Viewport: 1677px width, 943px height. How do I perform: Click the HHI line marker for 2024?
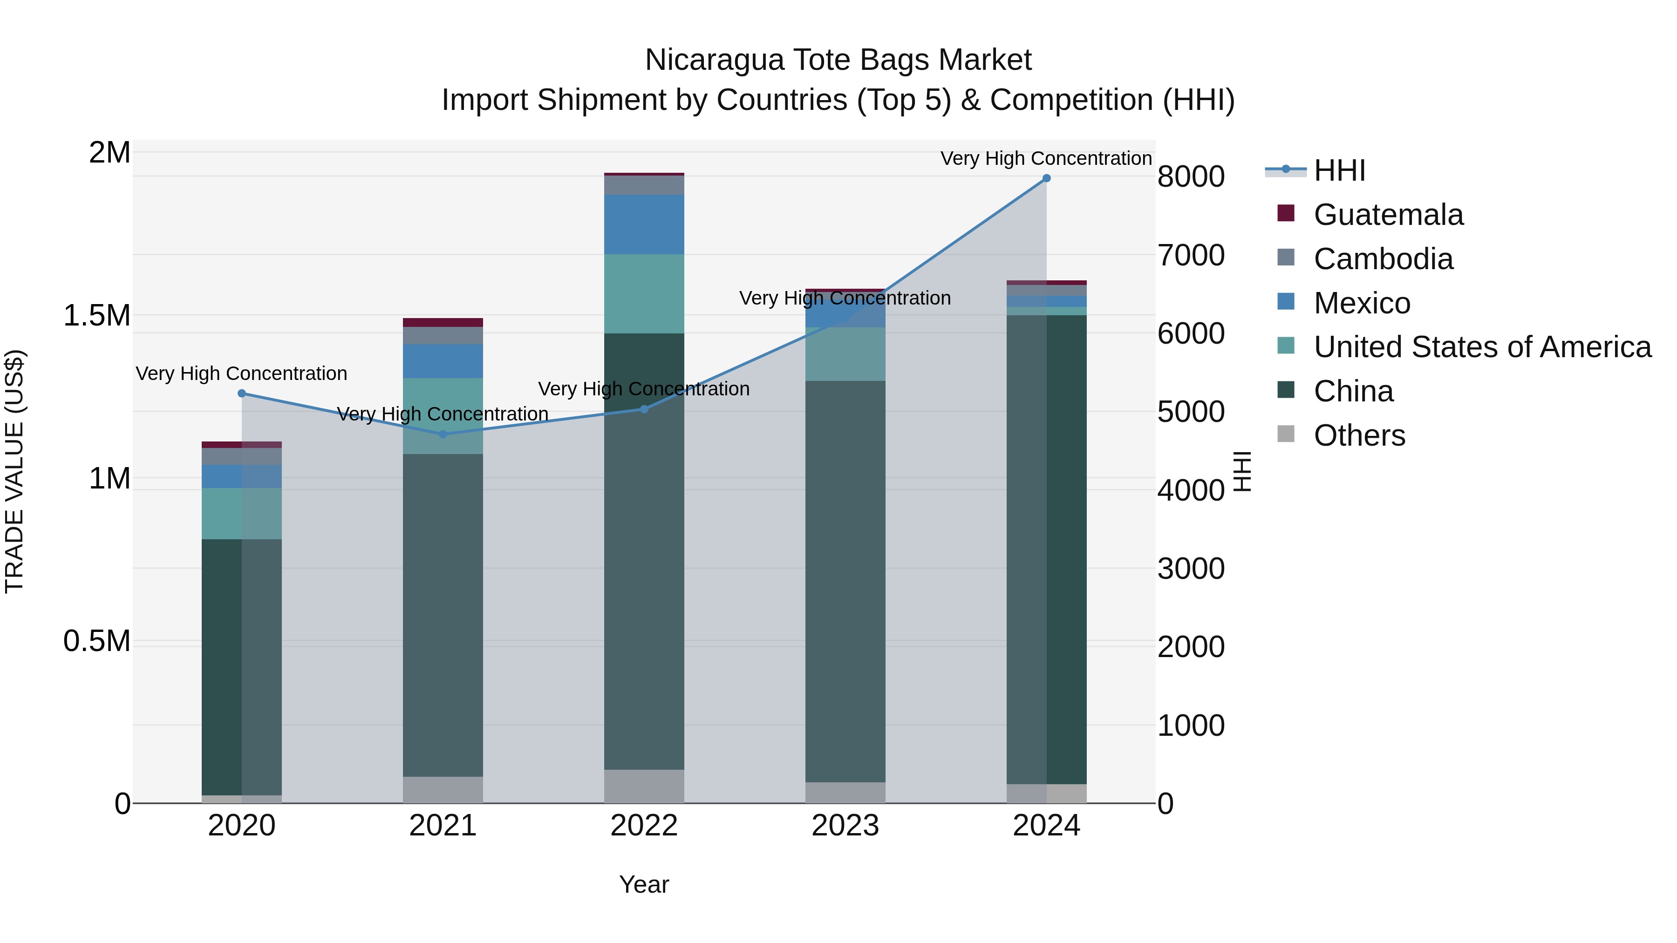tap(1046, 178)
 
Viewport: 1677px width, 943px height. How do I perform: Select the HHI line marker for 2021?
tap(443, 434)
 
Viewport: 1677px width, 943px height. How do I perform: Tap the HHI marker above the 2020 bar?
tap(241, 393)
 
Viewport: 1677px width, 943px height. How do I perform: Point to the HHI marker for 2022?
tap(644, 409)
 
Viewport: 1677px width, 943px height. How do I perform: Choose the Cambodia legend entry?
tap(1382, 259)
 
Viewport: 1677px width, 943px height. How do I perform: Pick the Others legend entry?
tap(1359, 435)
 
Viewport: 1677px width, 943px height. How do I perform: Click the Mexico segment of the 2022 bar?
tap(644, 224)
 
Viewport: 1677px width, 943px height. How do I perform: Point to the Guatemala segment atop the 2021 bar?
tap(443, 322)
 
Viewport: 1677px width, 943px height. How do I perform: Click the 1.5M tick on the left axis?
tap(97, 316)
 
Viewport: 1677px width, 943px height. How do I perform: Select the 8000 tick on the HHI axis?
tap(1191, 176)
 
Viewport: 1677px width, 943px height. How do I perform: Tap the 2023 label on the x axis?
tap(845, 826)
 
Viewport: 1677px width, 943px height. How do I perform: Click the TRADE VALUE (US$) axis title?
tap(15, 471)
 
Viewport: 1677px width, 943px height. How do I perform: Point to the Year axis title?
tap(644, 884)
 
